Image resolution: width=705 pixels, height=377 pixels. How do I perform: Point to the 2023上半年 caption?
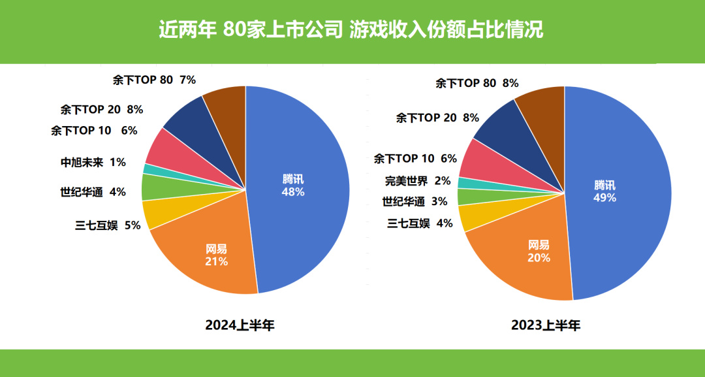click(546, 325)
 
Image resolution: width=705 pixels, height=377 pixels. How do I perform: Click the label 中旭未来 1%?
click(93, 162)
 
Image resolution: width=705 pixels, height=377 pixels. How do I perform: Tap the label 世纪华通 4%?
click(93, 192)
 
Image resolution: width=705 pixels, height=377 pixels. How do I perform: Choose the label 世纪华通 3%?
click(415, 201)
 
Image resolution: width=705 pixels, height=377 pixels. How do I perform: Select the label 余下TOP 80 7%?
click(154, 80)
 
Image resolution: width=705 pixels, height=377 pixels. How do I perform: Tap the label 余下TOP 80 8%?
click(477, 83)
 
